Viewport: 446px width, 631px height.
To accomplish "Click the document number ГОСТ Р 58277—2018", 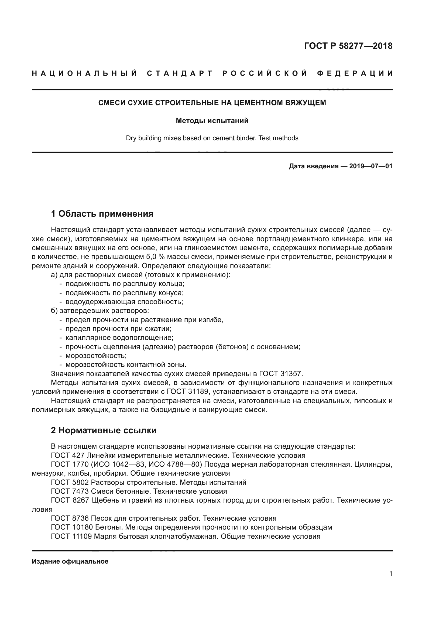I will (348, 46).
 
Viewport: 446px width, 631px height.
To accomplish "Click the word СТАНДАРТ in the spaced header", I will (180, 73).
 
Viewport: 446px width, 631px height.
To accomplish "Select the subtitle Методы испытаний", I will (212, 121).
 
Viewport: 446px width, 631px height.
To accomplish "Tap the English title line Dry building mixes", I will (212, 138).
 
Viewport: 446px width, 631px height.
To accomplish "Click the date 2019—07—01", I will (370, 166).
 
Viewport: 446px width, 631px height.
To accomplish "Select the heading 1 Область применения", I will (102, 214).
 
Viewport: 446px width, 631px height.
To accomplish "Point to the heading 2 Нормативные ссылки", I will (104, 430).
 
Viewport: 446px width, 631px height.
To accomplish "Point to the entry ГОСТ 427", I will (68, 455).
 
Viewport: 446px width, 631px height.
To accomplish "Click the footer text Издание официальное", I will (70, 561).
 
